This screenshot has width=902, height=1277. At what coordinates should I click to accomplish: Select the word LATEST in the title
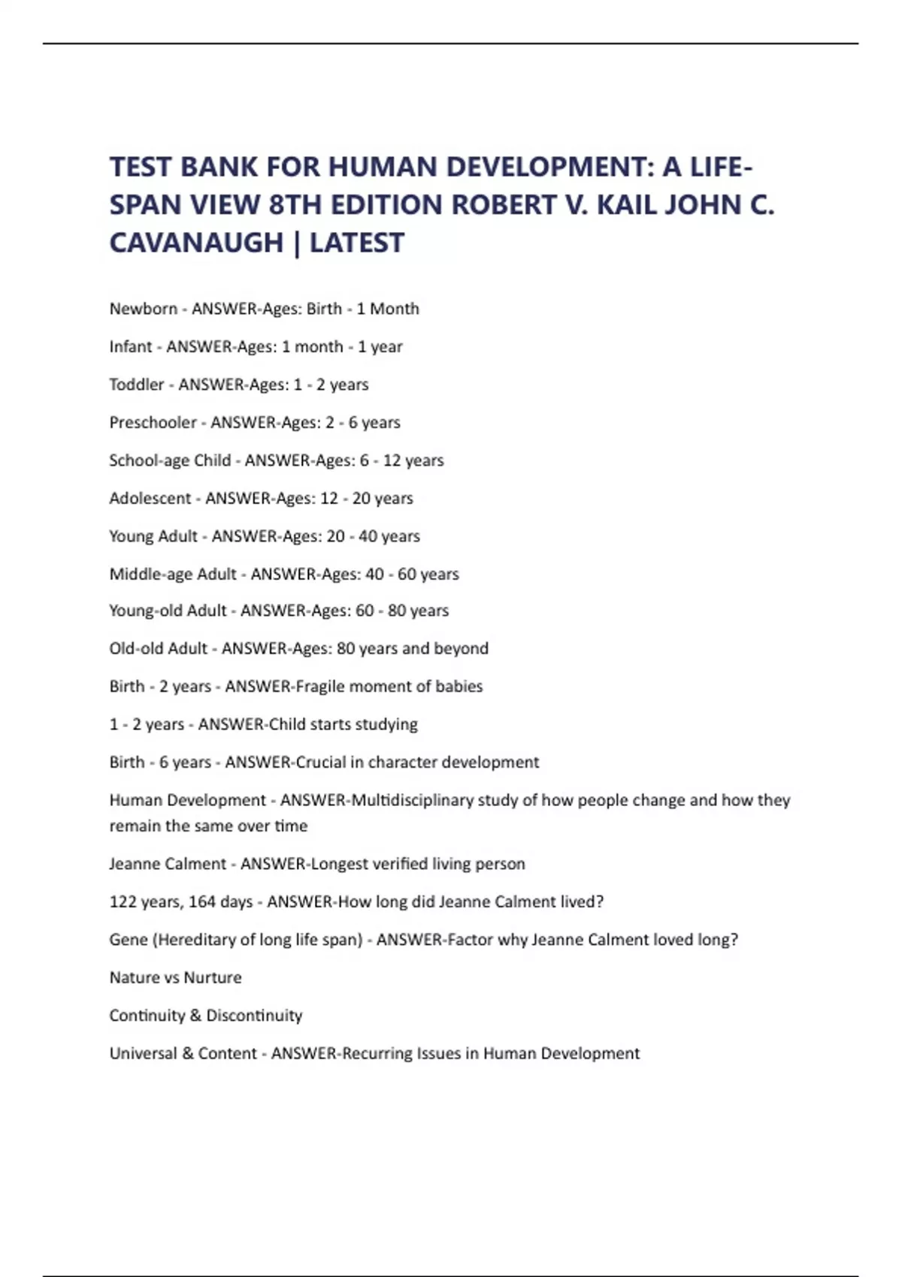(357, 243)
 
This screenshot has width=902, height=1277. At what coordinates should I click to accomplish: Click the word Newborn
(143, 309)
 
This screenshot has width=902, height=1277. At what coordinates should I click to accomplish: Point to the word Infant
(131, 346)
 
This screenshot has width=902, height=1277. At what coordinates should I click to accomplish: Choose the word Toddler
(136, 385)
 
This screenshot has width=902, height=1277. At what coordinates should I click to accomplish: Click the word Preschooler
(153, 422)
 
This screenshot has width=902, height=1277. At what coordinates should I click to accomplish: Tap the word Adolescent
(150, 498)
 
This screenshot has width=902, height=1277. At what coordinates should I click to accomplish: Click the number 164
(202, 901)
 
